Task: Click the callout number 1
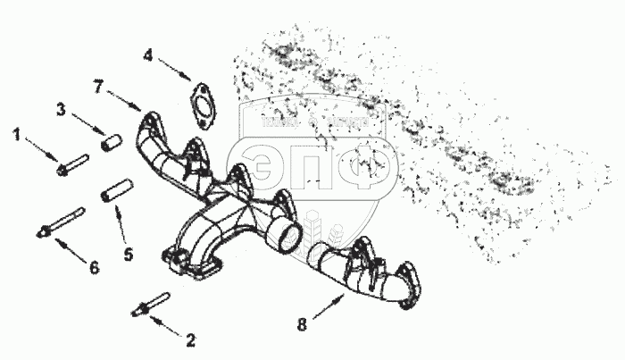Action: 15,134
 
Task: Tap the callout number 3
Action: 61,109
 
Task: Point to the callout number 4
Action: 149,55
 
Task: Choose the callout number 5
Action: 129,255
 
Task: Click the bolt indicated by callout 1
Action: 71,165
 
